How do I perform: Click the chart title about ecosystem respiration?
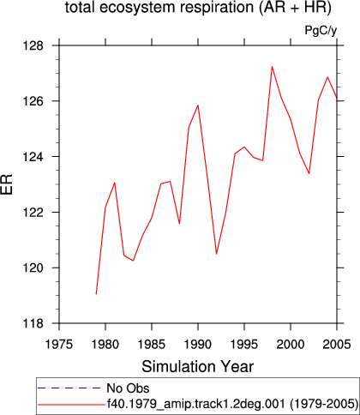pos(198,8)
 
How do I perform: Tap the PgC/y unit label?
pos(321,30)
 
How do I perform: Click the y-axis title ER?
pos(7,184)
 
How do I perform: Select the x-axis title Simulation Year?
pos(198,367)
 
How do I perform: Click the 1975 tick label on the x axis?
pos(59,345)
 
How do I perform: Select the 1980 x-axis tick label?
pos(105,345)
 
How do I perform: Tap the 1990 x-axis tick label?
pos(198,345)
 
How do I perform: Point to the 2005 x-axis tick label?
pos(337,345)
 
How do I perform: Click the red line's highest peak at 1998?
pos(272,67)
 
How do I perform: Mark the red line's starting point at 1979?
pos(96,294)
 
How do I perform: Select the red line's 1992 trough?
pos(217,254)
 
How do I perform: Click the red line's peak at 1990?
pos(198,105)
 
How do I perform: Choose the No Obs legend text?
pos(128,388)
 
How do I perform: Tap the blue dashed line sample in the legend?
pos(69,388)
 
